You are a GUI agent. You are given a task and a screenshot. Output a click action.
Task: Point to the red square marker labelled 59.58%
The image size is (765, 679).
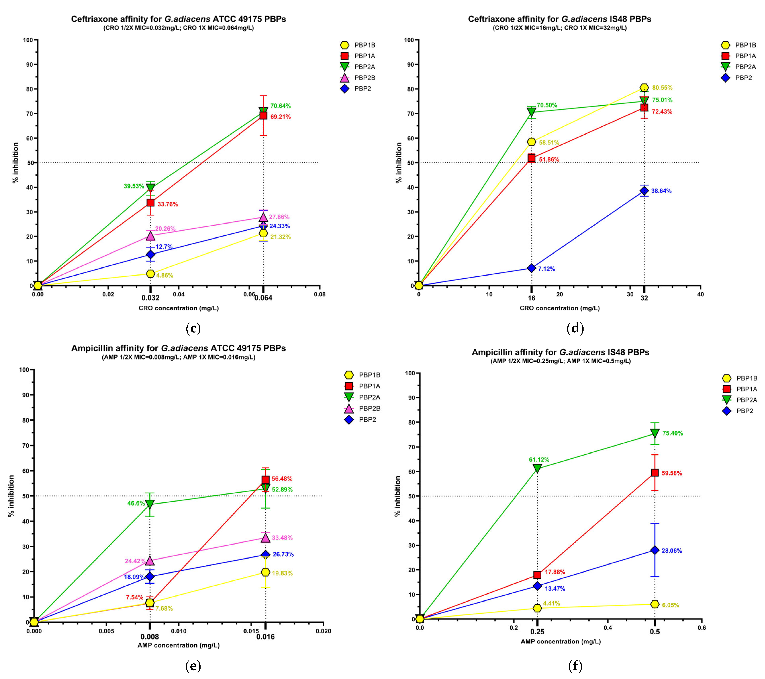[x=655, y=473]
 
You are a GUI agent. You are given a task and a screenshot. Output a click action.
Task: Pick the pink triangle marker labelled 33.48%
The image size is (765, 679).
[x=265, y=538]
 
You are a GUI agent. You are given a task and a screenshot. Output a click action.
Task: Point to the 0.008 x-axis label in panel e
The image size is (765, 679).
[x=150, y=637]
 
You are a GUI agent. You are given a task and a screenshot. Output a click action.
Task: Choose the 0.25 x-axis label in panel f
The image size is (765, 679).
[x=537, y=632]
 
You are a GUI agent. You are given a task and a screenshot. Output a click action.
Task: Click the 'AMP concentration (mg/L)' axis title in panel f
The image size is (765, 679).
[x=561, y=642]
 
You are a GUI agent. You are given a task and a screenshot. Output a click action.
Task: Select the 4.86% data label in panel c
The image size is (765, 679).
[x=165, y=275]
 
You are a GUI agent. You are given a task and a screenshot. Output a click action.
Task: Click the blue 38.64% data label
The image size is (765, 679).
[x=661, y=191]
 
